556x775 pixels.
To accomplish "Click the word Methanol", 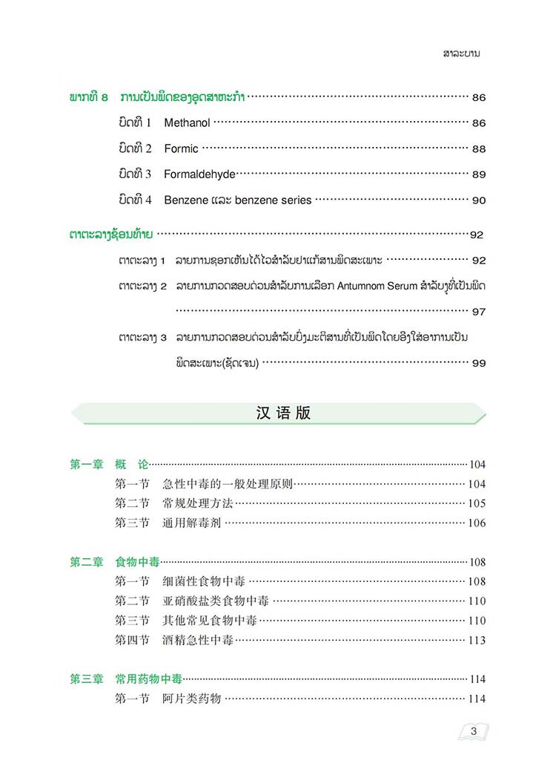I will [x=187, y=122].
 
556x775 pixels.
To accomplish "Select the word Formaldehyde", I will [x=199, y=174].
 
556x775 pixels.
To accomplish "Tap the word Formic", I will [x=181, y=148].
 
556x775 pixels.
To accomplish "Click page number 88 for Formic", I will [x=479, y=148].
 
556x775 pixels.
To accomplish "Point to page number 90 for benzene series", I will [x=479, y=200].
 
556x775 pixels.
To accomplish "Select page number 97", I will [x=479, y=312].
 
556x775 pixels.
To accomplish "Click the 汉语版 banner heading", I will [x=279, y=413].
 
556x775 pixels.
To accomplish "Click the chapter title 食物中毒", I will [x=138, y=562].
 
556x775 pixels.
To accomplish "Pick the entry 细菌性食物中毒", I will [x=204, y=581].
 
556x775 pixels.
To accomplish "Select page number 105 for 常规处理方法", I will [x=477, y=503].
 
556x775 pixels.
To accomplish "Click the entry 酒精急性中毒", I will [x=198, y=640].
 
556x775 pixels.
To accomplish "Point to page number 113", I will [x=477, y=640].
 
